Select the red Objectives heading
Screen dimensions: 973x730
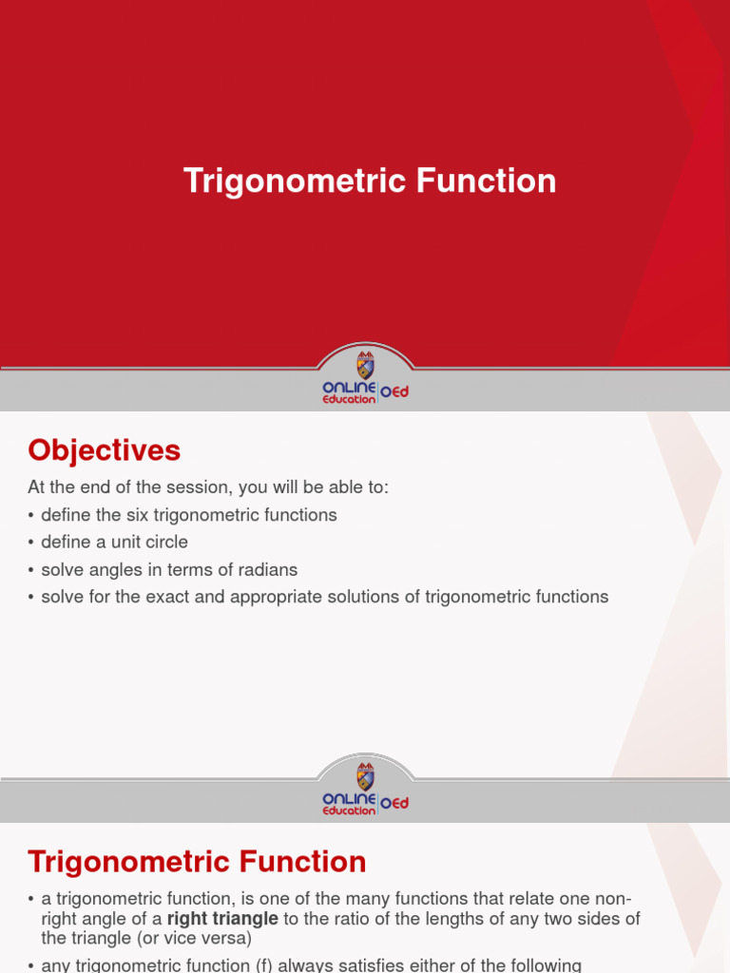(104, 449)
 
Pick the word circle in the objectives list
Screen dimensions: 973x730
(165, 543)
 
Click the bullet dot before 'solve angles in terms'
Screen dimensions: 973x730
(31, 570)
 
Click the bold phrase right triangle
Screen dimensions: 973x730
(223, 919)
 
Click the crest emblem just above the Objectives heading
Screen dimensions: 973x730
(365, 365)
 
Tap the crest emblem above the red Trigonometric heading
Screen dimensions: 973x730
(365, 775)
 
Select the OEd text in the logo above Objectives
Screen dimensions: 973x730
(394, 392)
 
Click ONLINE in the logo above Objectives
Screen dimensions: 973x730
(350, 387)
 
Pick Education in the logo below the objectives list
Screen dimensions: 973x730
(349, 811)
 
